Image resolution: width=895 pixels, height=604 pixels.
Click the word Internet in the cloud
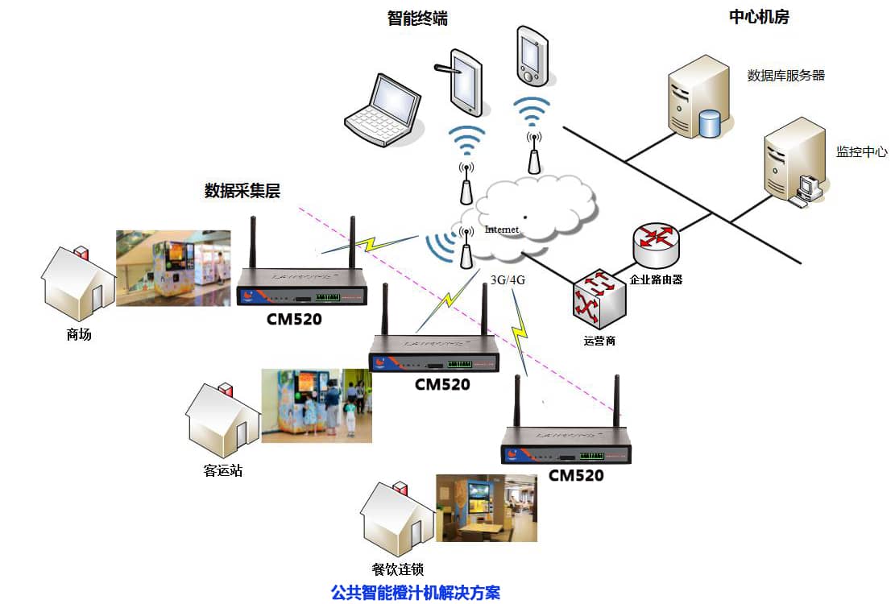pos(502,230)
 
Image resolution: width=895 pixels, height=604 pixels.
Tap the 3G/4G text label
pos(508,282)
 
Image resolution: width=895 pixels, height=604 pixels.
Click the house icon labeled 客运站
pos(223,419)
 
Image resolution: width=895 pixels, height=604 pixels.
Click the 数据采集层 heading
pos(242,191)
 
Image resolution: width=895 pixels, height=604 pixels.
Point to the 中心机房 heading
pos(758,17)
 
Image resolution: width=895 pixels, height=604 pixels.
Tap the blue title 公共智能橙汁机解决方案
pos(416,593)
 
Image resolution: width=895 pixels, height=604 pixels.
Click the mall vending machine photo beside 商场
pos(173,268)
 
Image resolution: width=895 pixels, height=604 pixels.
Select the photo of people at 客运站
pos(317,406)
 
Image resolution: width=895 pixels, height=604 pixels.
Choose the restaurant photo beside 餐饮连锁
pos(486,507)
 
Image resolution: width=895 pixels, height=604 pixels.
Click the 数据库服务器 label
pos(785,76)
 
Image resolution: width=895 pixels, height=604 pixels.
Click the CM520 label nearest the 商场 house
pos(294,319)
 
